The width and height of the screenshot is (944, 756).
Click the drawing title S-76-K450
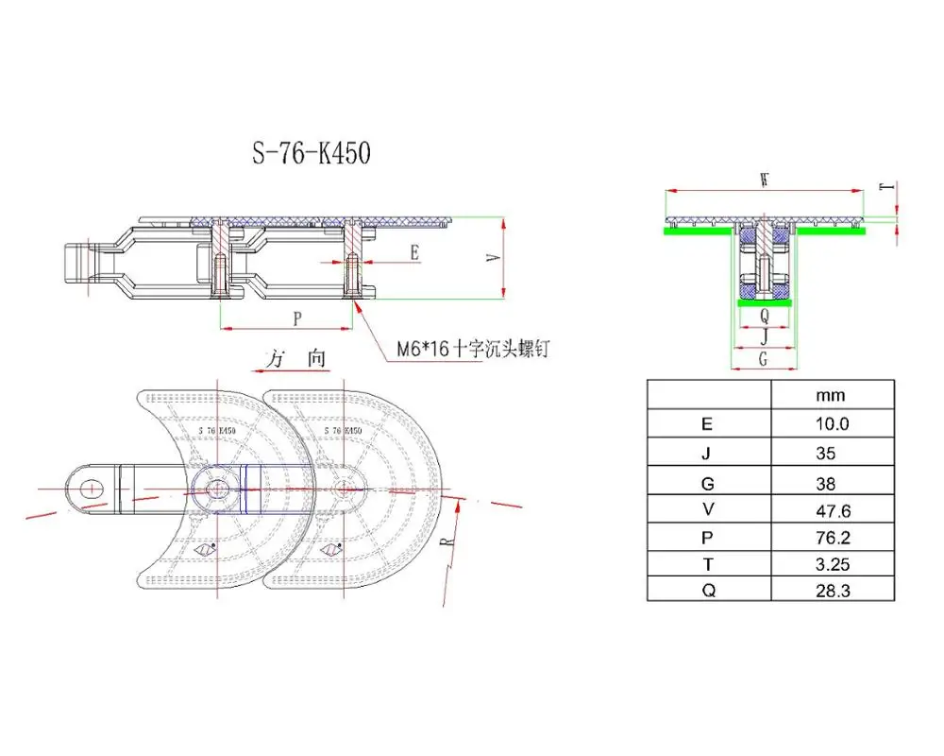coord(311,153)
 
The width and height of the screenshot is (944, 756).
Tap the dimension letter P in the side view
coord(297,318)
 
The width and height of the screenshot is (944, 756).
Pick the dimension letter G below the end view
coord(763,358)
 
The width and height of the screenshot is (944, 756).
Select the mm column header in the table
coord(832,395)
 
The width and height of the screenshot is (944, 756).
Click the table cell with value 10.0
coord(832,424)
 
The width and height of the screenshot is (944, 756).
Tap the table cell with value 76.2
coord(832,541)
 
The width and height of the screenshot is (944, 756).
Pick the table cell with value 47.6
coord(832,512)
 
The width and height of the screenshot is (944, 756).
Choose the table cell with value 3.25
coord(832,571)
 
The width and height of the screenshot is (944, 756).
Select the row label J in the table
coord(708,454)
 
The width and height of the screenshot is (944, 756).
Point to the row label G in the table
coord(708,483)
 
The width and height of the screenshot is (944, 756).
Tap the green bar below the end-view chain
coord(764,301)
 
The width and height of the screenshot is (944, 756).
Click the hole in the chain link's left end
coord(91,488)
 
